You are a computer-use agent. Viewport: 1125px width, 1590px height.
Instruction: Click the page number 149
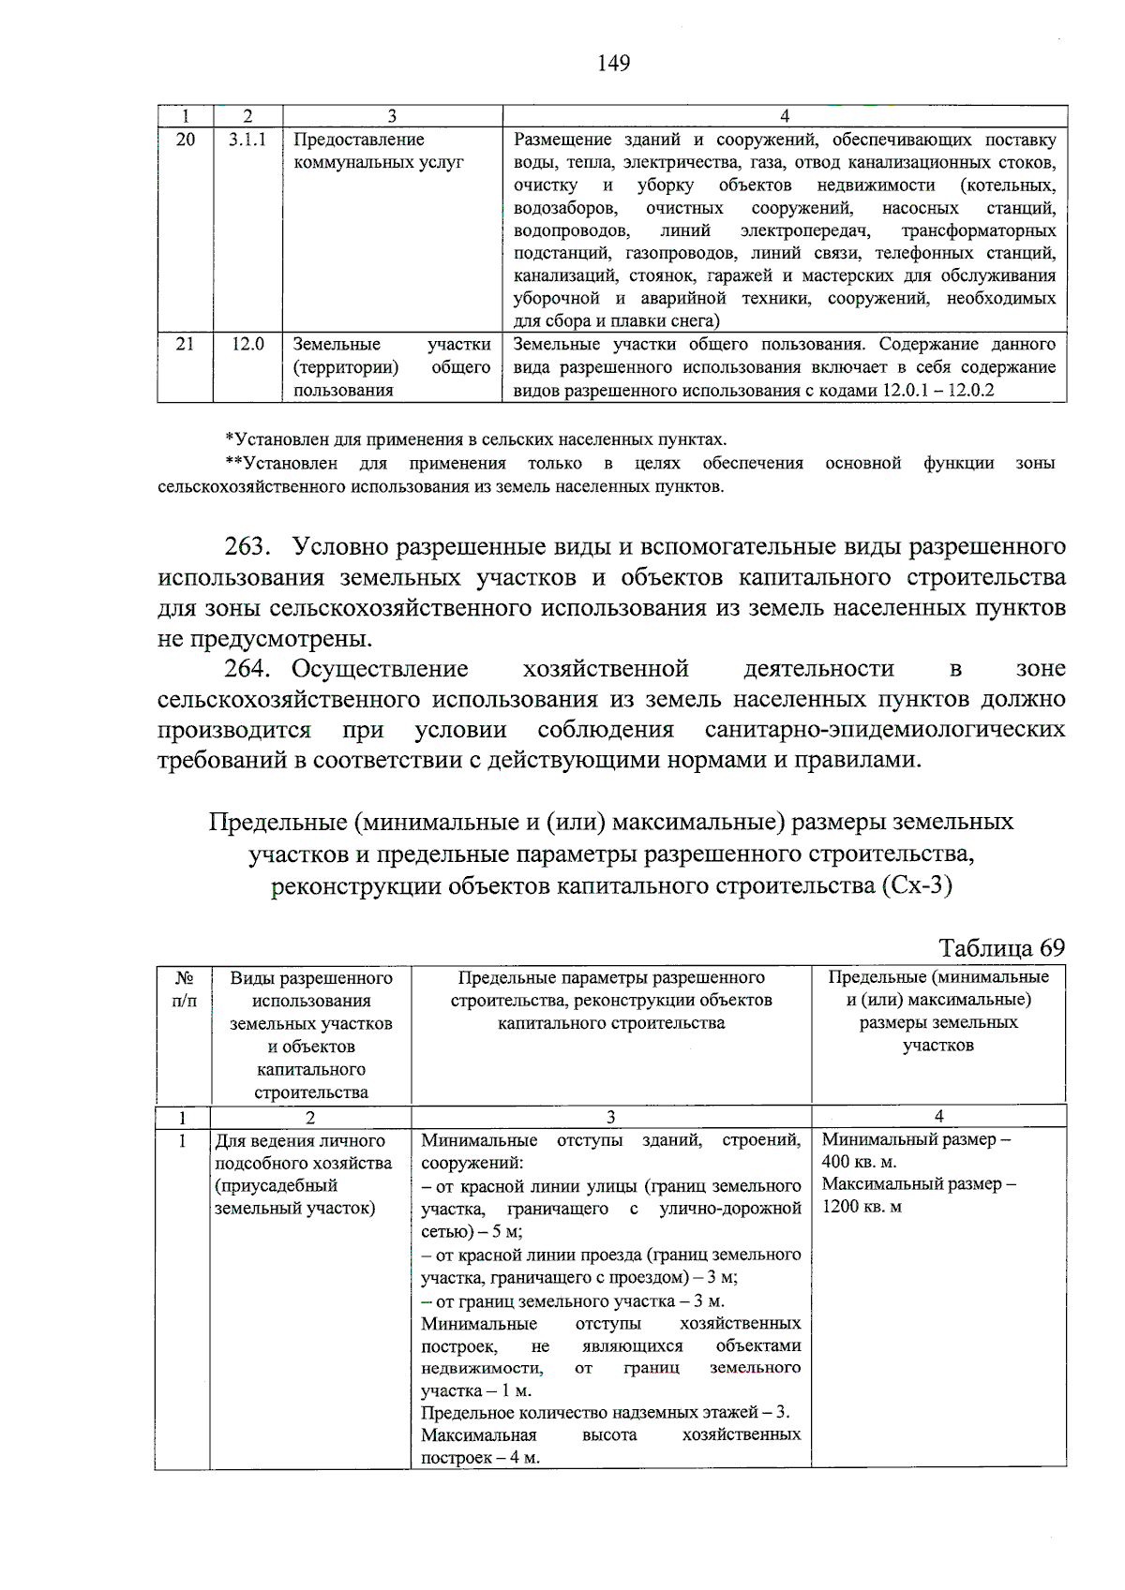[x=613, y=64]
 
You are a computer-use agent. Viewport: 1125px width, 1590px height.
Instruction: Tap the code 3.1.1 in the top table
[x=247, y=140]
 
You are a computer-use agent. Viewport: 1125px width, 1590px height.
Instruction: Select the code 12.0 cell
[x=247, y=344]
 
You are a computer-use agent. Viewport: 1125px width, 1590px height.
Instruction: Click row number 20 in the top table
[x=186, y=140]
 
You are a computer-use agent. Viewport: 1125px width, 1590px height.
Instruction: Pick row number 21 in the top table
[x=186, y=344]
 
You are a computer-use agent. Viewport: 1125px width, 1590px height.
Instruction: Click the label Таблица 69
[x=1001, y=947]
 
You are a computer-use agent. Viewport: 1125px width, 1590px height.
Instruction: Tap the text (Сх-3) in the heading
[x=916, y=884]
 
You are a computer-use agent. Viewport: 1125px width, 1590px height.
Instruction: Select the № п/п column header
[x=185, y=989]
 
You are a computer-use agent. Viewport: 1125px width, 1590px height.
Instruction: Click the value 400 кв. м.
[x=859, y=1162]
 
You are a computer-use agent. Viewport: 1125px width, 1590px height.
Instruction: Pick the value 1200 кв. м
[x=862, y=1207]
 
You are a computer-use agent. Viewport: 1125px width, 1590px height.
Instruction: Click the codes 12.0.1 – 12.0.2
[x=937, y=391]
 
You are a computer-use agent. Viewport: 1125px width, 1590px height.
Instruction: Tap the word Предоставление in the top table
[x=358, y=140]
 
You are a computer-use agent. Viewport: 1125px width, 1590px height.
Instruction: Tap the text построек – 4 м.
[x=480, y=1458]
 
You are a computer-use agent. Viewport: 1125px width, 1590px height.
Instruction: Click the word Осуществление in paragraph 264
[x=380, y=669]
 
